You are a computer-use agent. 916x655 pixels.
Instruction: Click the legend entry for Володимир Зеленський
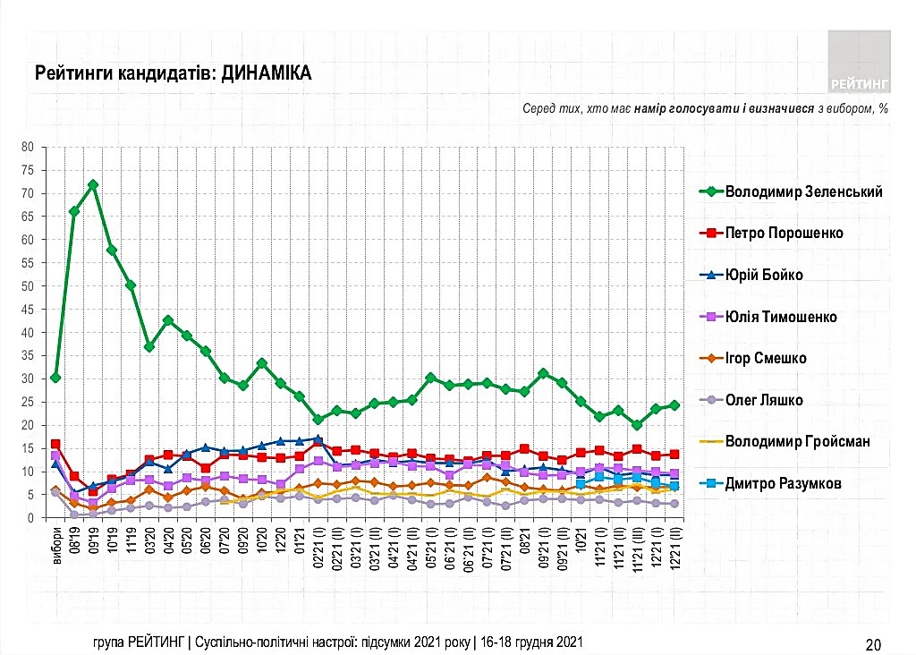coord(803,191)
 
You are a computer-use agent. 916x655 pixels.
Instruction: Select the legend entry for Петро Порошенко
coord(784,233)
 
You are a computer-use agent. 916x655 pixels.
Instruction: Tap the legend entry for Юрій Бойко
coord(763,275)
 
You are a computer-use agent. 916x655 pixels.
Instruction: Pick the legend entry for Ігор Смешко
coord(766,358)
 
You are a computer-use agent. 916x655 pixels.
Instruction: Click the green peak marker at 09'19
coord(92,185)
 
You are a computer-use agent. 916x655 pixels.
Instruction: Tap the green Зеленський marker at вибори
coord(55,378)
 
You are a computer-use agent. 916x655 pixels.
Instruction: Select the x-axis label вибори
coord(56,542)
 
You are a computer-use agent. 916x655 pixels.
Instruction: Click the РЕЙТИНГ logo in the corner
coord(859,61)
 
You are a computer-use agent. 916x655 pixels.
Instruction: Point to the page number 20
coord(874,642)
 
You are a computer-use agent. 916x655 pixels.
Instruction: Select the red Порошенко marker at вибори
coord(55,444)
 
